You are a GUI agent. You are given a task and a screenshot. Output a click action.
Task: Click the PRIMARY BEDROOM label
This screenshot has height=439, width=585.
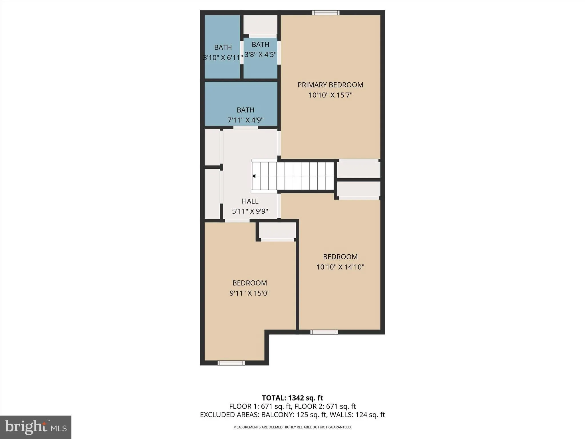[x=330, y=85]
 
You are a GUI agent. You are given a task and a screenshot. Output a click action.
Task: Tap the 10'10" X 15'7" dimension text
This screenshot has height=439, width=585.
[x=330, y=95]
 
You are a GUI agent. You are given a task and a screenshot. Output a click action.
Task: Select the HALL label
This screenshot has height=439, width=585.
[x=250, y=201]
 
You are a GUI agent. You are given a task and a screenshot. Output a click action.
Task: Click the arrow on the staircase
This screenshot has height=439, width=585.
[x=254, y=176]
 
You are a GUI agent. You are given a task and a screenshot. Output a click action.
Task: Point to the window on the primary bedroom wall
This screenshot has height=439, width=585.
[x=326, y=13]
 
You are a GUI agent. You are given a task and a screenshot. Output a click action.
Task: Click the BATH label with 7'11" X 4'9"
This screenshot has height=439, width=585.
[x=245, y=110]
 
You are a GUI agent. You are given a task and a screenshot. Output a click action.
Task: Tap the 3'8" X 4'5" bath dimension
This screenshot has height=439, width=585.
[x=260, y=54]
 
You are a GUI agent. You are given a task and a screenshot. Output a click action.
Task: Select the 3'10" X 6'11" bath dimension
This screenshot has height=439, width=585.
[x=223, y=58]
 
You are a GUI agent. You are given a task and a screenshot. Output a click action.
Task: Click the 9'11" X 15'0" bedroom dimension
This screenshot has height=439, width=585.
[x=250, y=293]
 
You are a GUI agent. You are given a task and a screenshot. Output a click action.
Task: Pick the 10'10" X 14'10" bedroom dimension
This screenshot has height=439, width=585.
[x=340, y=267]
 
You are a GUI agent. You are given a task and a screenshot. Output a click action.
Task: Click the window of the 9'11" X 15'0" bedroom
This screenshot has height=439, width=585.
[x=231, y=363]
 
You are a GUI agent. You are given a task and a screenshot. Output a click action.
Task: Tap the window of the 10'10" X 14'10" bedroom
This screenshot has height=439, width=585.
[x=324, y=332]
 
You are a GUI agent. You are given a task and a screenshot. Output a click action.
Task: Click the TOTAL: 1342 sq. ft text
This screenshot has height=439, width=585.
[x=292, y=398]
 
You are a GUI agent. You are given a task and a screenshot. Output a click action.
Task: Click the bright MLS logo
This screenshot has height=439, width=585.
[x=36, y=427]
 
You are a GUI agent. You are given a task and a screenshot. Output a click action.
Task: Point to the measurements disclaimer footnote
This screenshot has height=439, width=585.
[x=292, y=427]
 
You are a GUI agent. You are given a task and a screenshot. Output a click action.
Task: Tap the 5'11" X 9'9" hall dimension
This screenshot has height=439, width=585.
[x=250, y=211]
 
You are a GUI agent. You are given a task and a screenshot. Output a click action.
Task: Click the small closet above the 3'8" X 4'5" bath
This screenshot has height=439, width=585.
[x=260, y=25]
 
